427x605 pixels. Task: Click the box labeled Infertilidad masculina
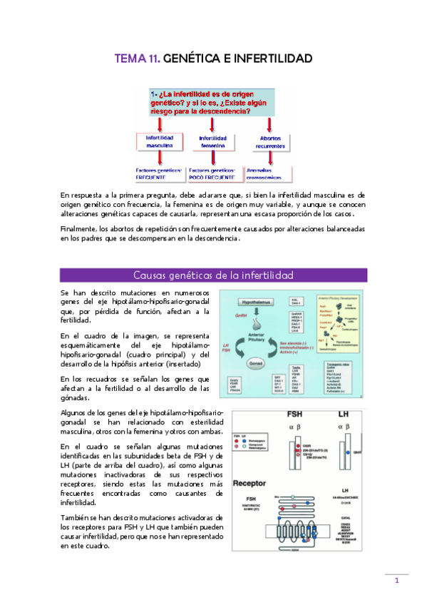(x=160, y=141)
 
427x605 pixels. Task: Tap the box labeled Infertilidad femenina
(x=212, y=141)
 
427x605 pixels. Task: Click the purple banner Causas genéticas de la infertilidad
(x=213, y=275)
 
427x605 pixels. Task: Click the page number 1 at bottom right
(x=396, y=580)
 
